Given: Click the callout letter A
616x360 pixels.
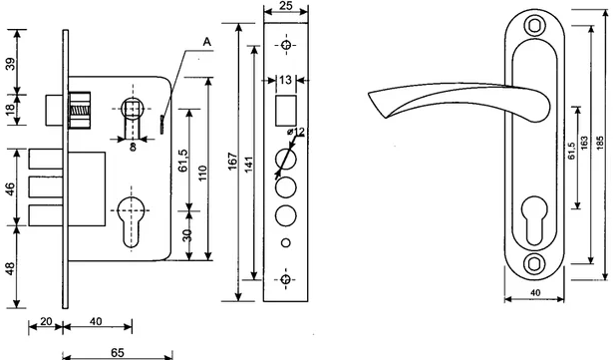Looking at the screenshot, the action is point(207,42).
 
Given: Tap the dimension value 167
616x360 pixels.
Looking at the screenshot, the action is point(233,162).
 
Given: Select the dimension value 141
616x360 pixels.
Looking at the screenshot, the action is point(248,164).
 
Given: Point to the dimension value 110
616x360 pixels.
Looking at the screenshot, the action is point(202,173).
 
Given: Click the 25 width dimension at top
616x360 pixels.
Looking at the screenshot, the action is point(286,6).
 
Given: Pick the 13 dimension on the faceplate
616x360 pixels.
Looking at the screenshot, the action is point(285,80).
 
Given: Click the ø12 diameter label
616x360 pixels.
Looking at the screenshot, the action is point(296,132).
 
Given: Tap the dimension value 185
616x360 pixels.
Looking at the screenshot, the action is point(599,144).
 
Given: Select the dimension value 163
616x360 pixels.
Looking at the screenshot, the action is point(584,144).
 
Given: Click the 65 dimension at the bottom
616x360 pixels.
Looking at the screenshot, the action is point(117,353).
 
